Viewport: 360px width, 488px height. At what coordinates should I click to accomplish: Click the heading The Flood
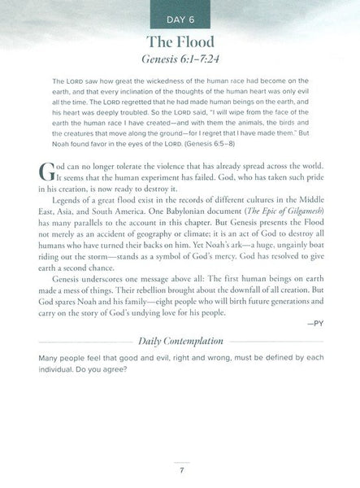point(180,43)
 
